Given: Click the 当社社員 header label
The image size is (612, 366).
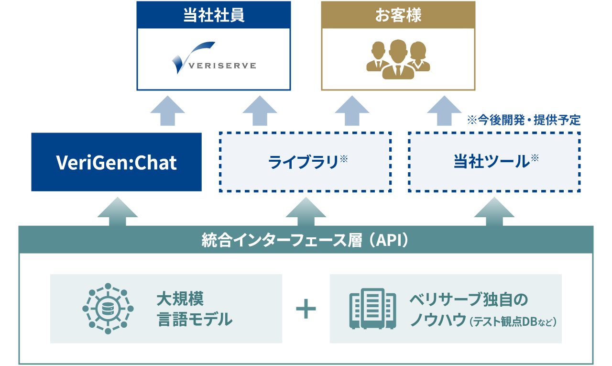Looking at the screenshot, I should tap(213, 15).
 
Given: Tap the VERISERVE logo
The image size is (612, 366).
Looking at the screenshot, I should tap(213, 59).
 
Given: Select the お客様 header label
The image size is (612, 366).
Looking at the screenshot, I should tap(398, 15).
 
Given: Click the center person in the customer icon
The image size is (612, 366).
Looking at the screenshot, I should tap(398, 59).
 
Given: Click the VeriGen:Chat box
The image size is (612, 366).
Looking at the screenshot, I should tap(116, 162).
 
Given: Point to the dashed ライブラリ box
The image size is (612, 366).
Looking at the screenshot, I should tap(305, 162).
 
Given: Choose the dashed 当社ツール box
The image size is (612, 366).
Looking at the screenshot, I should tap(494, 162).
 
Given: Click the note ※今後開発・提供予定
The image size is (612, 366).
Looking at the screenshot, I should tap(524, 120).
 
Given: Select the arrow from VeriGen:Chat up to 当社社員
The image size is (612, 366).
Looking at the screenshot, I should tap(167, 111).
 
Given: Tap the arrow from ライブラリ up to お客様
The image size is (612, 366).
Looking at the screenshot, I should tap(352, 111).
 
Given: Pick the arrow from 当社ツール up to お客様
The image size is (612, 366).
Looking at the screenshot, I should tap(444, 111).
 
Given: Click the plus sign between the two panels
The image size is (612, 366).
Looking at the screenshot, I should tap(306, 309).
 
